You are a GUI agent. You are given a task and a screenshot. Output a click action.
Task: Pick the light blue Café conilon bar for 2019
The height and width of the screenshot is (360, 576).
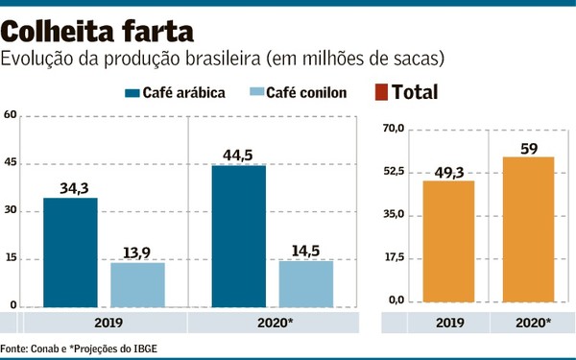(x=137, y=284)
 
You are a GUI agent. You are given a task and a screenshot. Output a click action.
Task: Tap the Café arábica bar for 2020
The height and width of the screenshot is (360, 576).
(x=239, y=235)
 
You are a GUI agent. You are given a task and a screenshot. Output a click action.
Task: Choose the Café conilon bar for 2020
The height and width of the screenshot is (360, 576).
(x=306, y=283)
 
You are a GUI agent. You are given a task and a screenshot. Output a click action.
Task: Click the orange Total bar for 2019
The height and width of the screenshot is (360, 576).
(x=448, y=243)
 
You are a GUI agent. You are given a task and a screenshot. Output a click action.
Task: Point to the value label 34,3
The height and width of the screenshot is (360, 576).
(x=70, y=186)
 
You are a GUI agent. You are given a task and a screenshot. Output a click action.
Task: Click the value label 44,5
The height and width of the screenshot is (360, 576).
(x=239, y=154)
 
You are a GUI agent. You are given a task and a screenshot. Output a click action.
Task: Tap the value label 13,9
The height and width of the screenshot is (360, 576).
(x=137, y=252)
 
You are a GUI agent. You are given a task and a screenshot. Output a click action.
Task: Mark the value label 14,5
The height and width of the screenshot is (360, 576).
(x=306, y=250)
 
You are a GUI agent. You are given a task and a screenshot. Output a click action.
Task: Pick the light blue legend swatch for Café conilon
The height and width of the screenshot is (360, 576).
(x=255, y=93)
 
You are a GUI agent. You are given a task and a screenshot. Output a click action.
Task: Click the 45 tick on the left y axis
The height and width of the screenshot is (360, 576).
(x=12, y=162)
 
